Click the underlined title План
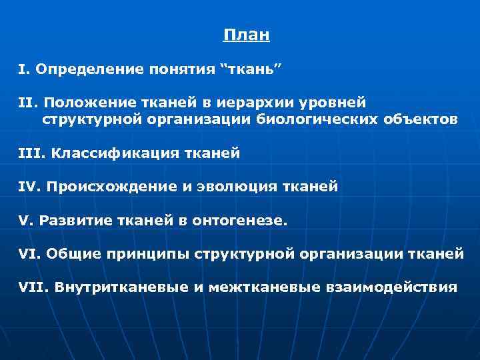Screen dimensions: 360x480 point(247,35)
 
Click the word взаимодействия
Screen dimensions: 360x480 point(391,288)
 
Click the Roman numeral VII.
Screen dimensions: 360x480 point(31,288)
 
